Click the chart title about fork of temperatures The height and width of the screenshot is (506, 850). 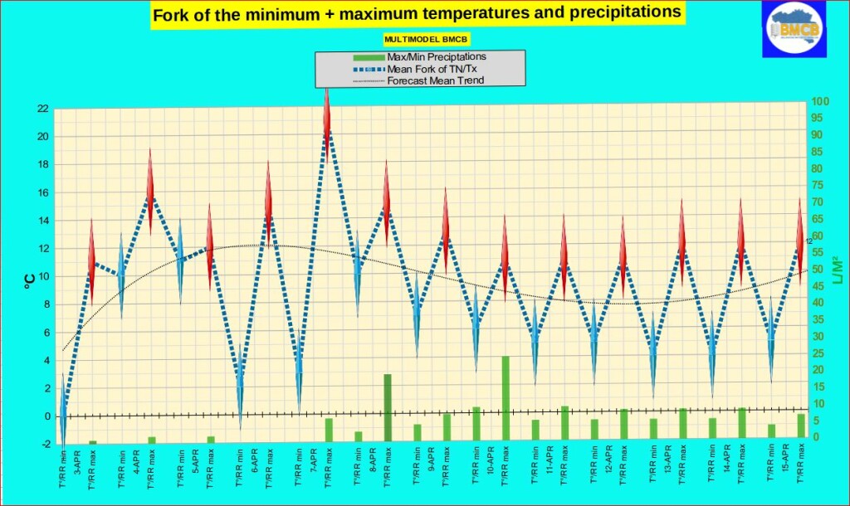coord(418,13)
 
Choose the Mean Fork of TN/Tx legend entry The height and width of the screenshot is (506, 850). coord(427,69)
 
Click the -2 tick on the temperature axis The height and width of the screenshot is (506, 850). coord(45,445)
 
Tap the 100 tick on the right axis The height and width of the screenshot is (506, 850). coord(821,101)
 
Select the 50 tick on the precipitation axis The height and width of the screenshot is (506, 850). coord(818,270)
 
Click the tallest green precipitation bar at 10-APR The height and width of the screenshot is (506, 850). coord(506,398)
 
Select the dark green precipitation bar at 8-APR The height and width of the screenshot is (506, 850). coord(388,407)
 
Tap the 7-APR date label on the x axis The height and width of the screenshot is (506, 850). coord(314,460)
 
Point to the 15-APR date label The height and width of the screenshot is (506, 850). coord(786,461)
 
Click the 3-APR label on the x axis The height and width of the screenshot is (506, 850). coord(77,460)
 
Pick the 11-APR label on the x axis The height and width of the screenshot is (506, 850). coord(550,460)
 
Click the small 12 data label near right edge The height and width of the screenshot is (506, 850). coord(808,241)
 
